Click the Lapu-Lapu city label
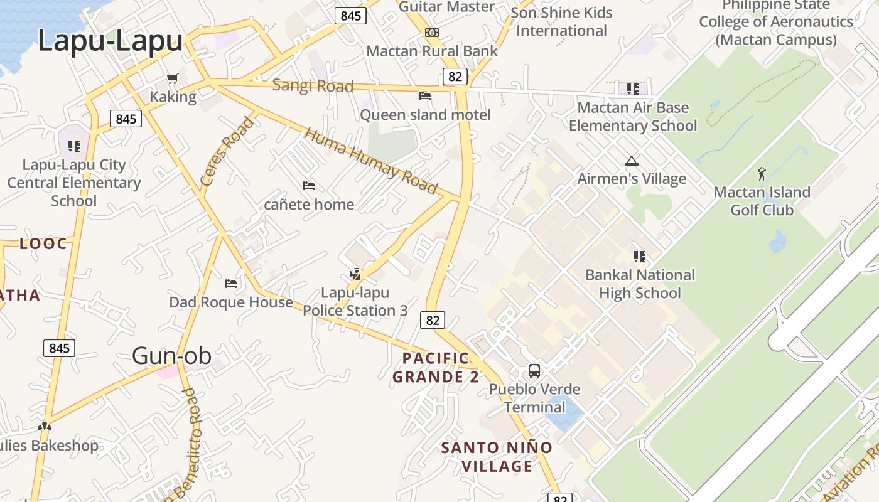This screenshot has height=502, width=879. click(110, 41)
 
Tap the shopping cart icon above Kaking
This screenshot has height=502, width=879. click(172, 79)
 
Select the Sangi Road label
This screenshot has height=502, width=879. click(313, 86)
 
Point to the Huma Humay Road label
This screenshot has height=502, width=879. click(370, 161)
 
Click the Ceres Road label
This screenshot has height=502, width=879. click(227, 151)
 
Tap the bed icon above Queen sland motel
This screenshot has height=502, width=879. click(425, 96)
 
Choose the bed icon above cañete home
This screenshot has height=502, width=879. click(308, 186)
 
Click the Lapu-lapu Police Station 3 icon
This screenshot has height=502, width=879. click(355, 274)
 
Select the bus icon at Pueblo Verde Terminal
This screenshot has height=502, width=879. click(534, 370)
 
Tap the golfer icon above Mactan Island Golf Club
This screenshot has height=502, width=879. click(762, 173)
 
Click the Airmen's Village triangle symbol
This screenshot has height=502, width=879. click(631, 161)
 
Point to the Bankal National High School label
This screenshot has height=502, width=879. click(640, 284)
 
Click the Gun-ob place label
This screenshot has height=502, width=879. click(167, 356)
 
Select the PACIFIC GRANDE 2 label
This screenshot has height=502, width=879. click(436, 368)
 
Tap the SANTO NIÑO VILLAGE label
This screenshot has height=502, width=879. click(496, 457)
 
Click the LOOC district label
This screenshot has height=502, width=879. click(43, 244)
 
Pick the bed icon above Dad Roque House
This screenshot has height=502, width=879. click(231, 283)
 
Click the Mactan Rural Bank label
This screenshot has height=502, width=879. click(432, 51)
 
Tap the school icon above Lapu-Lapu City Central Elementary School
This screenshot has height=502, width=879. click(74, 146)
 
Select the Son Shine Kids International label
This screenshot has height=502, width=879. click(561, 21)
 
